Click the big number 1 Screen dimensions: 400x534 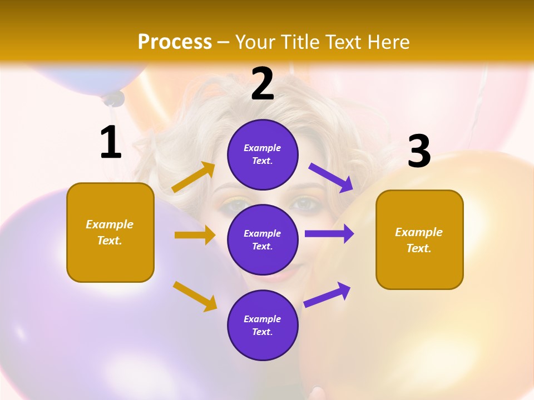coord(111,142)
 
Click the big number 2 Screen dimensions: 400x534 coord(263,84)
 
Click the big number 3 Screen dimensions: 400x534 coord(419,151)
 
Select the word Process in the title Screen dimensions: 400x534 coord(175,42)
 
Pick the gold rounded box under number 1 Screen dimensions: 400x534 coord(110,232)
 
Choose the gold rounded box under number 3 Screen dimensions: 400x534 coord(419,239)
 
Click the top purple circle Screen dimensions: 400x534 coord(263,154)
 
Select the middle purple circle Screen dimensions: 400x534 coord(263,239)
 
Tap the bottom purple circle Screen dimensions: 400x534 coord(263,325)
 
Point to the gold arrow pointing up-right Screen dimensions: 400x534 coord(194,177)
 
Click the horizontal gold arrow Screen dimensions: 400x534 coord(194,235)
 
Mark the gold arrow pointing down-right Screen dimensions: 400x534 coord(195,296)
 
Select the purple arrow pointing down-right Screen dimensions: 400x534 coord(331,177)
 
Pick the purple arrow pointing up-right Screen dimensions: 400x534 coord(327,294)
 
